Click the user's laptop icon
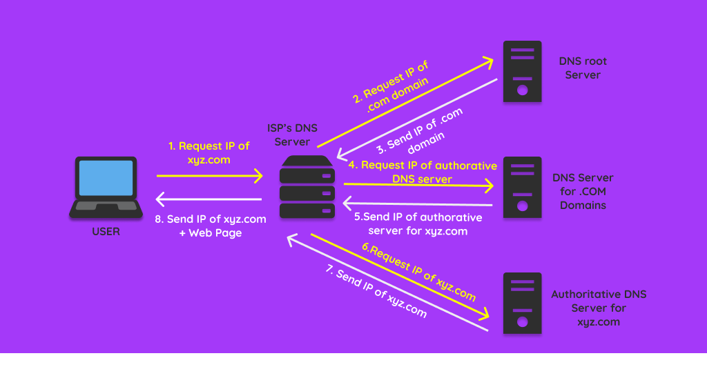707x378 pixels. click(x=106, y=187)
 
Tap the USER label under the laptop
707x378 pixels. click(x=106, y=232)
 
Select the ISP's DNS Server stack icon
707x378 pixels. click(x=307, y=187)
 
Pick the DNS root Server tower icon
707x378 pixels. click(x=522, y=72)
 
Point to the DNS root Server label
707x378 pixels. click(x=583, y=68)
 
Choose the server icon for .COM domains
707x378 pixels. click(x=522, y=187)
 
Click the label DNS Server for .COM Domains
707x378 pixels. click(x=583, y=191)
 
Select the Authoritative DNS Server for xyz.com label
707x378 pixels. click(x=599, y=308)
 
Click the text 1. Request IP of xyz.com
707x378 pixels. click(x=209, y=152)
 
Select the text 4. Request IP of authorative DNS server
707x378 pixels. click(x=422, y=172)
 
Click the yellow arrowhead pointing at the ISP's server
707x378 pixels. click(x=258, y=176)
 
